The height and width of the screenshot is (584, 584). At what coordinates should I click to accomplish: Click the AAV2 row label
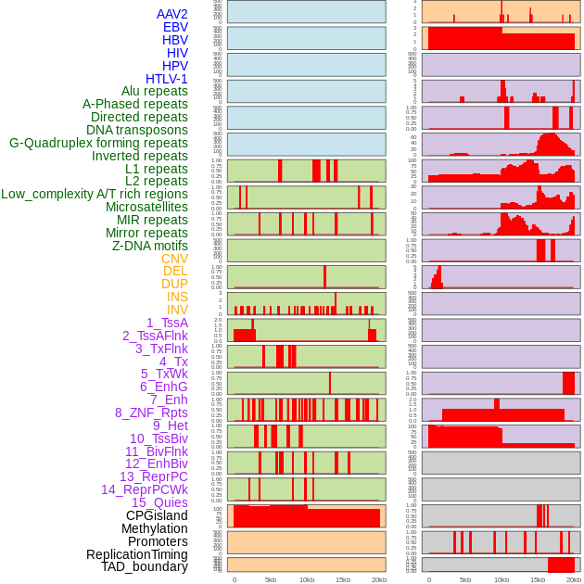(x=172, y=14)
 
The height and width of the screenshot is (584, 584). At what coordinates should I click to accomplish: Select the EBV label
(x=175, y=27)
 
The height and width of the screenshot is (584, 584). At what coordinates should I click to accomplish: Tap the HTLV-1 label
(x=167, y=79)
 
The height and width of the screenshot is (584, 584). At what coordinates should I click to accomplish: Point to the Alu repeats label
(x=155, y=91)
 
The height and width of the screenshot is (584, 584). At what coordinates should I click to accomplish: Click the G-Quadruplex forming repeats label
(x=98, y=143)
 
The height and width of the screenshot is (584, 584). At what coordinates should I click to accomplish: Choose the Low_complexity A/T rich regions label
(x=95, y=194)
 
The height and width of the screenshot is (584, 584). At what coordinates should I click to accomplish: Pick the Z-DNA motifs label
(x=150, y=246)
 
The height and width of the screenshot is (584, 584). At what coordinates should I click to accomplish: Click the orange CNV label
(x=174, y=259)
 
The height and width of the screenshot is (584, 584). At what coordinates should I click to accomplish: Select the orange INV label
(x=177, y=310)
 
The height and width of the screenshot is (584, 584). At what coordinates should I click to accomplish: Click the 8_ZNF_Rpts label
(x=151, y=413)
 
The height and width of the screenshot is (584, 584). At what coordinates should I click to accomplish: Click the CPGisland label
(x=157, y=515)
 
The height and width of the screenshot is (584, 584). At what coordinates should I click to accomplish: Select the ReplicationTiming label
(x=136, y=554)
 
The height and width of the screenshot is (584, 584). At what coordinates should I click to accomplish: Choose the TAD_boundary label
(x=145, y=566)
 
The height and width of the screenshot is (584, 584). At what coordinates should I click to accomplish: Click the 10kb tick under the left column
(x=306, y=579)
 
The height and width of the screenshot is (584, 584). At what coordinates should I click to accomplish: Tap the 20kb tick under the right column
(x=574, y=579)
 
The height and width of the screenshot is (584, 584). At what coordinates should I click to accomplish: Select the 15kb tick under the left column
(x=343, y=579)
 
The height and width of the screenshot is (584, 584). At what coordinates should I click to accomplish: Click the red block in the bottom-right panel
(x=561, y=565)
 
